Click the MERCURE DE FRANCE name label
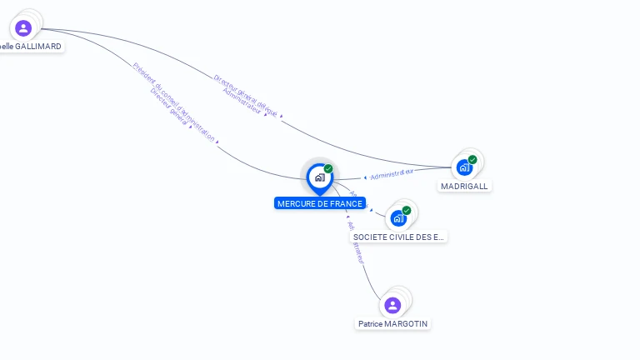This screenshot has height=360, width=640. [x=320, y=203]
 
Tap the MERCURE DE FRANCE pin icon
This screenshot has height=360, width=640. [x=319, y=177]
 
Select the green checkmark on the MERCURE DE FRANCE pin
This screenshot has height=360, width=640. [x=328, y=169]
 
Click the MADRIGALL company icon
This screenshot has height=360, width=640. [x=465, y=167]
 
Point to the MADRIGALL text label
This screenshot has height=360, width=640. [x=464, y=186]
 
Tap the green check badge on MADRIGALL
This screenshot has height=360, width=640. [x=472, y=159]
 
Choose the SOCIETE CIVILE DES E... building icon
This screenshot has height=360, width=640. [x=398, y=218]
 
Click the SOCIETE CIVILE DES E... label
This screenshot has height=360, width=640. [x=399, y=237]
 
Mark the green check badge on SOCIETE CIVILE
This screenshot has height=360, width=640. [x=407, y=211]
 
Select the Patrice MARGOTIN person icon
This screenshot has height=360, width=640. [x=392, y=305]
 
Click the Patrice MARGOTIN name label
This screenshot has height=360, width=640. [x=394, y=323]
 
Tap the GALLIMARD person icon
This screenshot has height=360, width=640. [x=23, y=27]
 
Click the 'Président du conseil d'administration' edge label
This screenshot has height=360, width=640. [x=174, y=101]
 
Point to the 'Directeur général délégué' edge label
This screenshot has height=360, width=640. [x=245, y=94]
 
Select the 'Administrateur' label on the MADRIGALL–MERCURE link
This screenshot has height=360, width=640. [x=392, y=174]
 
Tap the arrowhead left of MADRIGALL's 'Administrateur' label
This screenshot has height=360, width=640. [x=365, y=177]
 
